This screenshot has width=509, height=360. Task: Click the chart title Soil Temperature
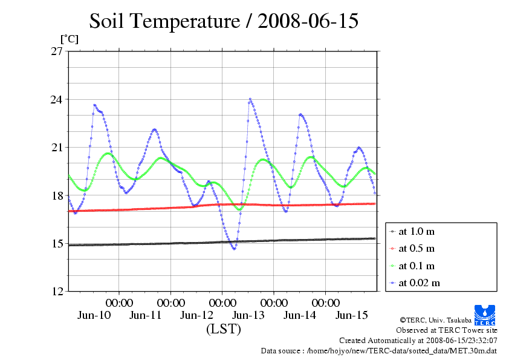point(224,22)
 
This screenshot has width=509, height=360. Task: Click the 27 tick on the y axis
point(57,51)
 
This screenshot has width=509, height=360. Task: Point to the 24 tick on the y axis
point(57,99)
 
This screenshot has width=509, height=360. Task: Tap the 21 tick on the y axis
point(57,147)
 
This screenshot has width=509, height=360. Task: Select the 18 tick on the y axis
point(57,195)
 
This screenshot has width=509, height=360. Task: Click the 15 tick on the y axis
point(57,243)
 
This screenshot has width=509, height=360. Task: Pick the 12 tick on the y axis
point(57,291)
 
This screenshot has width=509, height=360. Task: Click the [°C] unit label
point(69,39)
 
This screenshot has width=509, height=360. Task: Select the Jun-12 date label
point(197,315)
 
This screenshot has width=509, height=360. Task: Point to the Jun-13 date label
point(248,315)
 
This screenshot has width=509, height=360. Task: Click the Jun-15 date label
point(351,315)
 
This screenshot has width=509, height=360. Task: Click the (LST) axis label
point(224,330)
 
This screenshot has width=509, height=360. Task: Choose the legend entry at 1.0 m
point(417,231)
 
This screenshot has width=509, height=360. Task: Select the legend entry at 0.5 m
point(417,248)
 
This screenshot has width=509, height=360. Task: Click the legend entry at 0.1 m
point(417,266)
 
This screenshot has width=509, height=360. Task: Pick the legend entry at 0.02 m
point(419,283)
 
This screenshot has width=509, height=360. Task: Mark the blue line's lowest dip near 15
point(234,249)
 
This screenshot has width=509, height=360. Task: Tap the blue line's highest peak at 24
point(250,99)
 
